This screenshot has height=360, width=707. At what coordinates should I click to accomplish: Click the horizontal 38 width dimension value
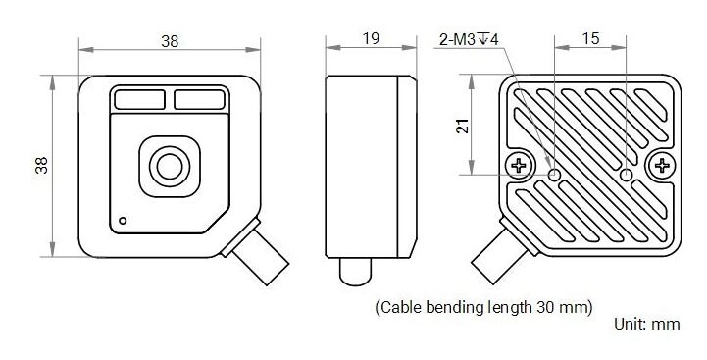170,41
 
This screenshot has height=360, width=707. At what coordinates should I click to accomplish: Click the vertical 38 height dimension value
41,165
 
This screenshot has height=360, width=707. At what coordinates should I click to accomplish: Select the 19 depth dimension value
371,39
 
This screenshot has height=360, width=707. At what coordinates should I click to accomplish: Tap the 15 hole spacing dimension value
590,39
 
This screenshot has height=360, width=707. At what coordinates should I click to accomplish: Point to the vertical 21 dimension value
462,127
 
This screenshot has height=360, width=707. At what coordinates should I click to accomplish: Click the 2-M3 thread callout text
469,40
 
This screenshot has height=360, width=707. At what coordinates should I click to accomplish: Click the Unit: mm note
647,324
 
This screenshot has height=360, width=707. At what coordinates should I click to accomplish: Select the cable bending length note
483,308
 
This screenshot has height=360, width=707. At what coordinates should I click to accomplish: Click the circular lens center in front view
170,167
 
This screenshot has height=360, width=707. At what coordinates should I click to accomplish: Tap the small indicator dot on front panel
123,221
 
